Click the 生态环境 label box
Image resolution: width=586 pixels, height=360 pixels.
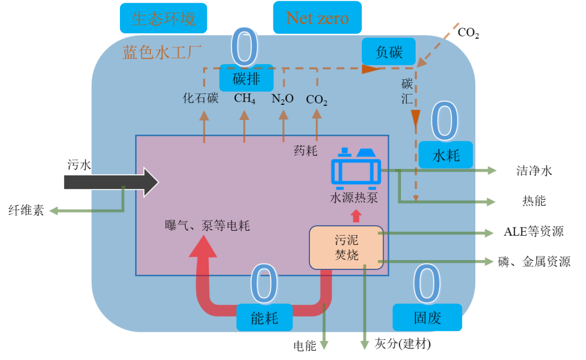click(163, 18)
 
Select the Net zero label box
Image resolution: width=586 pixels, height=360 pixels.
click(317, 18)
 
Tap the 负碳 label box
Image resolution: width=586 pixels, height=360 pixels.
click(389, 52)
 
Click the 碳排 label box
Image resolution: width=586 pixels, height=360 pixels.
click(246, 79)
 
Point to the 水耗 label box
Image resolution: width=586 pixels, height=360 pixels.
click(445, 156)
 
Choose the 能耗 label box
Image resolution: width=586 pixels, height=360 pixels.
click(264, 318)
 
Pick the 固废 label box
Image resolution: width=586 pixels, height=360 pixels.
click(427, 318)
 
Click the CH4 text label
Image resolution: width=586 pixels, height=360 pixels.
click(245, 99)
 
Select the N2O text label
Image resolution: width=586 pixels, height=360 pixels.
click(283, 99)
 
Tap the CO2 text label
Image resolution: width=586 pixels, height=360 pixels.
click(317, 99)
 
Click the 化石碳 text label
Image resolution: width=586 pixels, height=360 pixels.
click(200, 98)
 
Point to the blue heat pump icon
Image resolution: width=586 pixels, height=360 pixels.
click(356, 168)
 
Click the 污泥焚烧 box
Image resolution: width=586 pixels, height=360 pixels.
click(346, 248)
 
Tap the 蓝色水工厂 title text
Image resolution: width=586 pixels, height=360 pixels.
click(162, 53)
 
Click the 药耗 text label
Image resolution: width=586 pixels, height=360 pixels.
click(305, 150)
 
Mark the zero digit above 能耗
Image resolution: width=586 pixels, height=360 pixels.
click(265, 285)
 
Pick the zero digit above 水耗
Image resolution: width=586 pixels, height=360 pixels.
click(445, 122)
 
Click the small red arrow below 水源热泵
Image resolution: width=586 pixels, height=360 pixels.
click(356, 216)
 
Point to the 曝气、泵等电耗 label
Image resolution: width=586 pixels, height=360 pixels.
click(207, 226)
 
